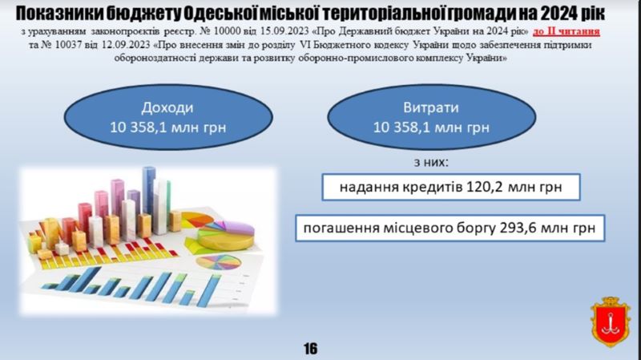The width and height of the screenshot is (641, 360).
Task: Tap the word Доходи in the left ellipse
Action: click(167, 107)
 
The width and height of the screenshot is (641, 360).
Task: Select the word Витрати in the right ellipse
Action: click(431, 107)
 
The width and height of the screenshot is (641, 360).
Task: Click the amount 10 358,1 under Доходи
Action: click(138, 127)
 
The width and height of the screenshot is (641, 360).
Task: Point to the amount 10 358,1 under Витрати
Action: click(401, 127)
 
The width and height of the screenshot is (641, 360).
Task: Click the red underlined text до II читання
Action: click(566, 31)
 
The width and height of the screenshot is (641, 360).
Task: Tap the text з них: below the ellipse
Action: click(431, 163)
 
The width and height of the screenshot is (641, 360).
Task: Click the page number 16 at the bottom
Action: click(310, 349)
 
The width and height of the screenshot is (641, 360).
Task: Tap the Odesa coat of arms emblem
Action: click(611, 322)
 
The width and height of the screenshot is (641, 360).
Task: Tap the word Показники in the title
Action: click(58, 14)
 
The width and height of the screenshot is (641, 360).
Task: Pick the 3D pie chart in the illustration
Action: click(226, 235)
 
